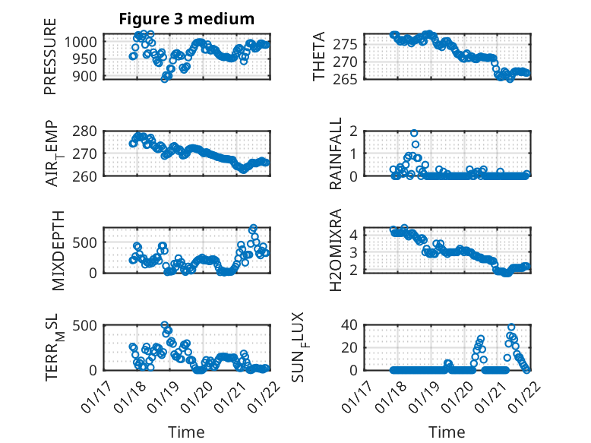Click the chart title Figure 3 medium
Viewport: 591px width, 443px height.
coord(186,18)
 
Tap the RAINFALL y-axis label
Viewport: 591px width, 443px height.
coord(335,154)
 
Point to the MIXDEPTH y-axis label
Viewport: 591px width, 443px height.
coord(59,250)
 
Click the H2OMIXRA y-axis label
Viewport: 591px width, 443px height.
coord(335,250)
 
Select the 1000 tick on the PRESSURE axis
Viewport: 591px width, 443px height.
coord(81,42)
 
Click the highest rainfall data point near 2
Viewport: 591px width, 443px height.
coord(414,133)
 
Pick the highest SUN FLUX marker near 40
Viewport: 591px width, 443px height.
coord(511,328)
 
